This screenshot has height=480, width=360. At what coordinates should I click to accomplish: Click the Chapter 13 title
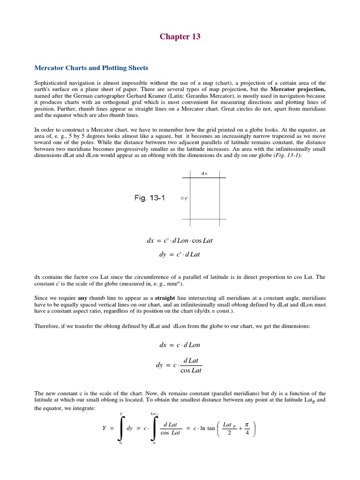[180, 37]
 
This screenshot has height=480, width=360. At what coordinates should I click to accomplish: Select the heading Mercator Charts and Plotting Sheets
[91, 68]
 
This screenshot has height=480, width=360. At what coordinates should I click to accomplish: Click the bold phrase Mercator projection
[298, 89]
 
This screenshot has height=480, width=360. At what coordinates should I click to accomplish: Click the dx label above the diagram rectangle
[204, 173]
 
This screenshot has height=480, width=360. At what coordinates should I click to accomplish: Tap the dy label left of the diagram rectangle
[184, 198]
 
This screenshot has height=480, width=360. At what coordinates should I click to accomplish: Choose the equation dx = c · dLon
[180, 345]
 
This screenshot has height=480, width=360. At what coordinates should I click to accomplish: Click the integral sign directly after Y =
[121, 429]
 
